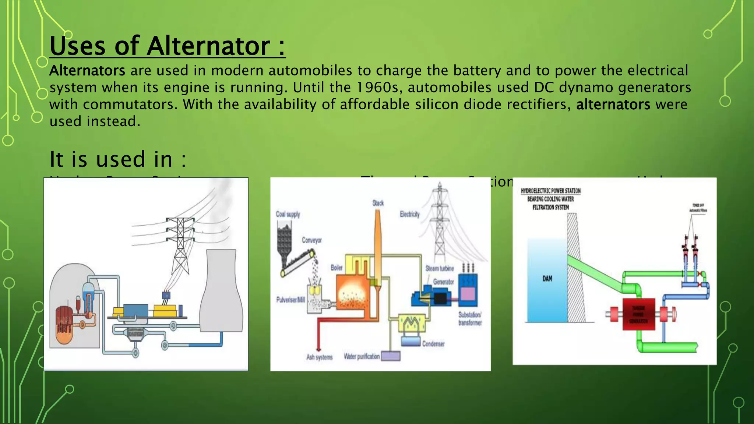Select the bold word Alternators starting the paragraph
click(x=87, y=71)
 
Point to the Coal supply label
click(x=288, y=214)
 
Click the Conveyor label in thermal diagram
click(x=311, y=240)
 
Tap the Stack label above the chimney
click(x=378, y=203)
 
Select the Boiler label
click(x=337, y=268)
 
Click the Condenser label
click(x=433, y=344)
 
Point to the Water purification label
click(x=362, y=356)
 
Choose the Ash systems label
click(x=319, y=357)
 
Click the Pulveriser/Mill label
click(x=290, y=300)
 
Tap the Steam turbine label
click(x=440, y=268)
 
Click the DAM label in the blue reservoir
click(x=547, y=279)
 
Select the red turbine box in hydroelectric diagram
click(x=638, y=314)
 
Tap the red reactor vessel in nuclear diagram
click(x=64, y=324)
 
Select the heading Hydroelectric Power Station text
click(x=550, y=191)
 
